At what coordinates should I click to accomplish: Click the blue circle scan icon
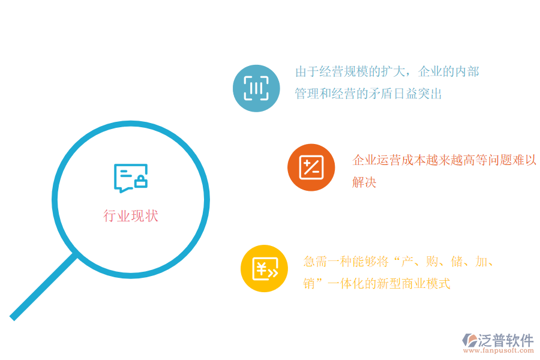pos(256,88)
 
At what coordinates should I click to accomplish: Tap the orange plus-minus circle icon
pos(311,167)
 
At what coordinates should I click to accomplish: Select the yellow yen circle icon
pos(264,268)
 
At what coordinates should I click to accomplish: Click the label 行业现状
pos(131,216)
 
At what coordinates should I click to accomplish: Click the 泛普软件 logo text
pos(505,340)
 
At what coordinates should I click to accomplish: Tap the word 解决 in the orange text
pos(364,182)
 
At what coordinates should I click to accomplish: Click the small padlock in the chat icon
pos(141,182)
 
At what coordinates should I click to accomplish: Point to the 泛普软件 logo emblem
pos(469,340)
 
